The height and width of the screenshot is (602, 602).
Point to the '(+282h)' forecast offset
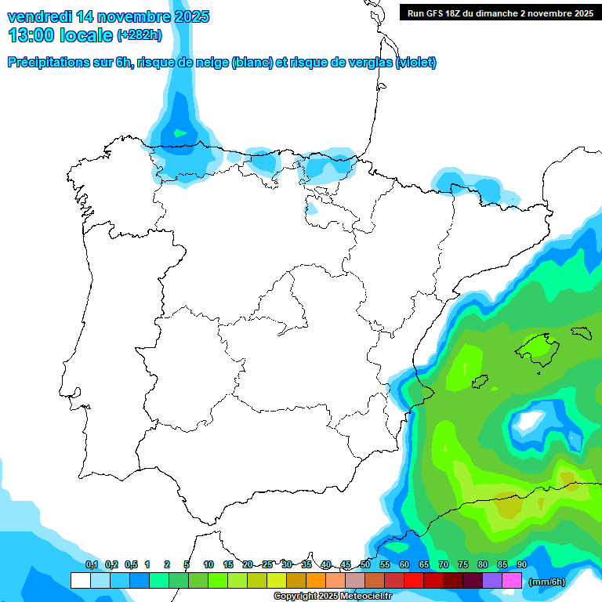140,35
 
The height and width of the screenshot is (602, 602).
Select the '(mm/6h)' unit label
547,581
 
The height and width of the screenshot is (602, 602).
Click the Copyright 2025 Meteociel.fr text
332,597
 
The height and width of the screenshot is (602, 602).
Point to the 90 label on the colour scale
522,565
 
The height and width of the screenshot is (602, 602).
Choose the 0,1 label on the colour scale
91,565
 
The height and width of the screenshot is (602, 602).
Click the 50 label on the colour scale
365,565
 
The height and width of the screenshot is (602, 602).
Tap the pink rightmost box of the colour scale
512,581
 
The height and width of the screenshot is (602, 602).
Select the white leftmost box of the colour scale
80,581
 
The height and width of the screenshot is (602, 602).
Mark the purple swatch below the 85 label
492,581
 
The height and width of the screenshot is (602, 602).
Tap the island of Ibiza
480,382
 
